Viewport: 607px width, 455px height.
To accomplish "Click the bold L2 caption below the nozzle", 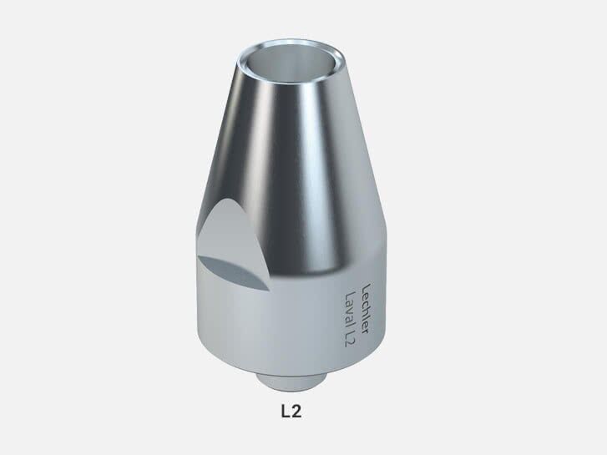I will tap(302, 411).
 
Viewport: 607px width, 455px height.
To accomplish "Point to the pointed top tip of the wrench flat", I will tap(225, 200).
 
